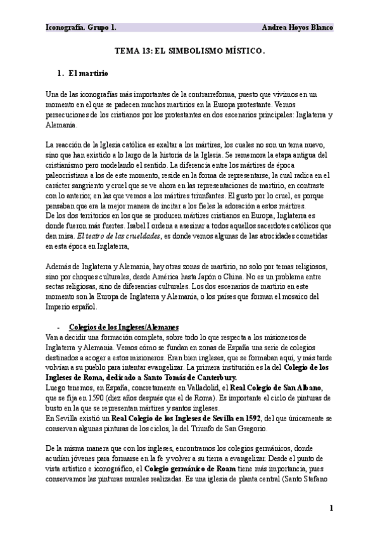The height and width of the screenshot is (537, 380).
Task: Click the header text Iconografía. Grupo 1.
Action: coord(80,28)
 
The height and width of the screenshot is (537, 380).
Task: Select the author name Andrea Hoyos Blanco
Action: coord(297,28)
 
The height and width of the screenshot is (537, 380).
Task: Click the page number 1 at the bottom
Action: coord(331,508)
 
